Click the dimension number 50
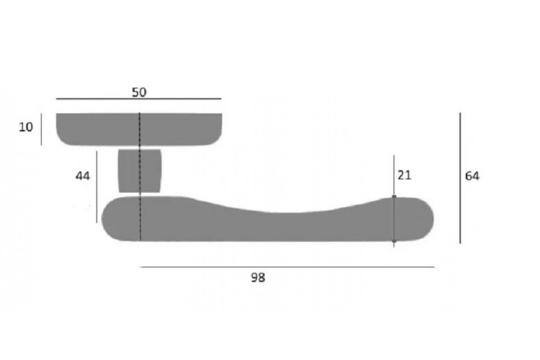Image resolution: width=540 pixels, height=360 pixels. [x=139, y=92]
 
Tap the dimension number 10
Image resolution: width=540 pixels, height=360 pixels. [x=26, y=127]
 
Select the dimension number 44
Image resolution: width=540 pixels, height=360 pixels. [x=83, y=176]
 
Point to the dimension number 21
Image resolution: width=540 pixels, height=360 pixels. [x=404, y=175]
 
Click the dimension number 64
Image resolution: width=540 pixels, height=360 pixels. [x=472, y=176]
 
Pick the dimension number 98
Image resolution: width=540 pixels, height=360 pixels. [x=258, y=278]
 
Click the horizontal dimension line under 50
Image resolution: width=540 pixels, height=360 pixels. [x=139, y=99]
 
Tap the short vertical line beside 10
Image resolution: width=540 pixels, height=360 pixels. [x=41, y=130]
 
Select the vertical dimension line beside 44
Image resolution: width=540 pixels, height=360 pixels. [x=97, y=187]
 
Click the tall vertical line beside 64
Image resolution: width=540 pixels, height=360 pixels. [x=460, y=178]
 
